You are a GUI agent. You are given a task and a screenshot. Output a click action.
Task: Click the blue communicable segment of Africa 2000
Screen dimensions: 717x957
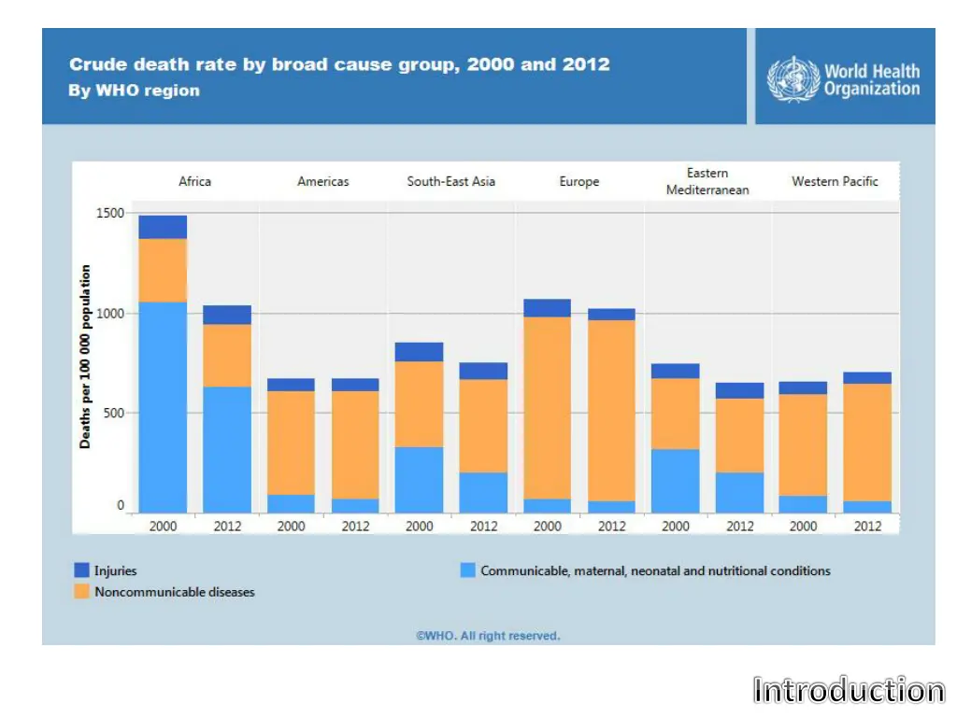(163, 407)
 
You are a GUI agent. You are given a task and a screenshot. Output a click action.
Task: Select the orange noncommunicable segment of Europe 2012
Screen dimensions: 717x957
(611, 411)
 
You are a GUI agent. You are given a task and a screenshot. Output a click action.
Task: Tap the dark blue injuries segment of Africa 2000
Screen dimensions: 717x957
(163, 227)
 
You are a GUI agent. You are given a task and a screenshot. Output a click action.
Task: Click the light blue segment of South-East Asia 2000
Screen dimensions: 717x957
(419, 480)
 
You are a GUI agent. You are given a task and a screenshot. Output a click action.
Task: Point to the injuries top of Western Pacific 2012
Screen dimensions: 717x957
(867, 378)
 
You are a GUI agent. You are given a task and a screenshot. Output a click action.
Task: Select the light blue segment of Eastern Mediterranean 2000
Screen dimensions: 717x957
(675, 481)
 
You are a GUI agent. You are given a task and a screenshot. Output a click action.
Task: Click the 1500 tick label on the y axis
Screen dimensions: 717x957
(109, 213)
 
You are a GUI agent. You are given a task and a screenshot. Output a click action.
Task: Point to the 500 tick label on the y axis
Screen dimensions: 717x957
(113, 413)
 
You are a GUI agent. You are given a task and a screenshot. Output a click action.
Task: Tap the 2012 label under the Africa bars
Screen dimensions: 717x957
(227, 527)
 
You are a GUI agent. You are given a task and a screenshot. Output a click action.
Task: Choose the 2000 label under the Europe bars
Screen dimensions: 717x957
(548, 527)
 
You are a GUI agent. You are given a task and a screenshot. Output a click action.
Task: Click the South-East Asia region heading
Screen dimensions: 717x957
(450, 181)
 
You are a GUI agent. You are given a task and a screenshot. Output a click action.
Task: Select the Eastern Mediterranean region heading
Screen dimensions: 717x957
(707, 181)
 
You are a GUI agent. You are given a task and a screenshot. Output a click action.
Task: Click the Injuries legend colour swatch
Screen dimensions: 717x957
(81, 570)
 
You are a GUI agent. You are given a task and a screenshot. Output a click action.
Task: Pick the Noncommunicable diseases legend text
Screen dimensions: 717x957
(174, 592)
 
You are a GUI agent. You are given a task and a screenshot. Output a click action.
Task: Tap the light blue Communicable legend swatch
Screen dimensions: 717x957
(468, 570)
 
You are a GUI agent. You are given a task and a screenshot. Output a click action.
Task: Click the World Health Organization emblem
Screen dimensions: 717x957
(793, 79)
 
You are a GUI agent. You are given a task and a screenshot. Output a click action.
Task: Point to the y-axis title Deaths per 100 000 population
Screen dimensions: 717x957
(86, 357)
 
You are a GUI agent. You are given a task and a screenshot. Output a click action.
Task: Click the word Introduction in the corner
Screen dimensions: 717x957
(849, 691)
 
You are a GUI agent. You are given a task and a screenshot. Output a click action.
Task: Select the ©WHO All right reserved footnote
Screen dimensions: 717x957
(488, 636)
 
